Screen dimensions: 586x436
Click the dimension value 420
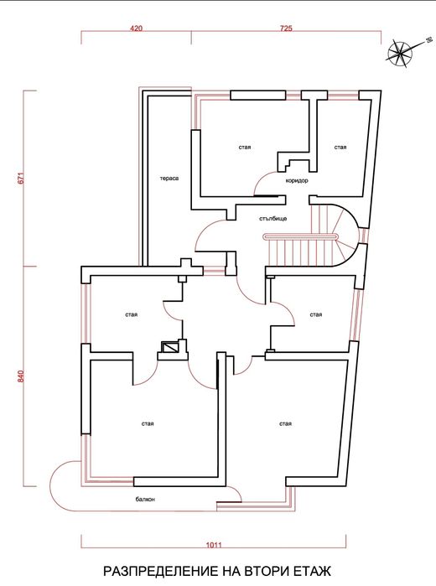click(x=136, y=29)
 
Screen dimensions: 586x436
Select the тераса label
click(x=169, y=178)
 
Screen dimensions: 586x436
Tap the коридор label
click(x=297, y=180)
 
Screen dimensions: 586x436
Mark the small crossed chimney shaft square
click(x=171, y=345)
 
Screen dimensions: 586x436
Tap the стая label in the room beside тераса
click(x=245, y=148)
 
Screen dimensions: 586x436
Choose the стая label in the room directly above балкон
click(x=148, y=424)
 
